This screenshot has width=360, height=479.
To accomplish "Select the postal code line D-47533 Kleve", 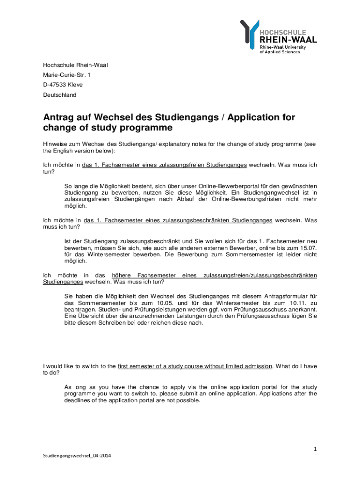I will click(x=63, y=85).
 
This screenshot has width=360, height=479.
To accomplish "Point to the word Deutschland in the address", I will click(x=60, y=95).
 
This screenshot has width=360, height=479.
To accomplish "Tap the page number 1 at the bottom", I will click(x=316, y=450).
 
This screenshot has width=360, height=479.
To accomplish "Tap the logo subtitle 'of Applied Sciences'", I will click(x=280, y=52).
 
